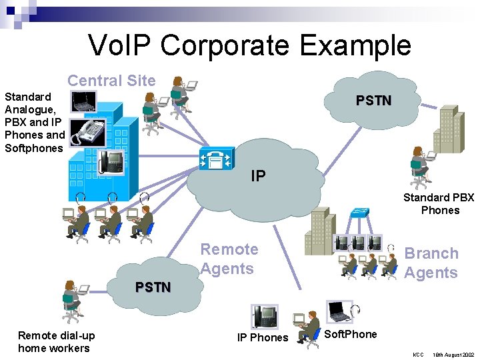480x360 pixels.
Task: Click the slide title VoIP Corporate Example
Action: (249, 45)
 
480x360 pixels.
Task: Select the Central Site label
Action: (111, 81)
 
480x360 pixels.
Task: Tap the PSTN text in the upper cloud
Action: (373, 101)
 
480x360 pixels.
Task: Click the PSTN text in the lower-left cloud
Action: (153, 287)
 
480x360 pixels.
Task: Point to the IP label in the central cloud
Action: (258, 176)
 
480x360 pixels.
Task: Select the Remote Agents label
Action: (229, 259)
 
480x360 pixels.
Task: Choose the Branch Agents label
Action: (431, 263)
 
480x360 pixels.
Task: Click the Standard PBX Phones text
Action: (439, 203)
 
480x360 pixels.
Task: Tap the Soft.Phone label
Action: (350, 334)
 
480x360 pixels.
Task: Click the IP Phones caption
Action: (263, 337)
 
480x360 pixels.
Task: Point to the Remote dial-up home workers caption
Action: (56, 341)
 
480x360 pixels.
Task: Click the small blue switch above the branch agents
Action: (361, 212)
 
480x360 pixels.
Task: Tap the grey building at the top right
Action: (447, 131)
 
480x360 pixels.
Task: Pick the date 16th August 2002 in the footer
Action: (453, 354)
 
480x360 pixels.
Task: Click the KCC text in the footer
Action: (418, 354)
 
